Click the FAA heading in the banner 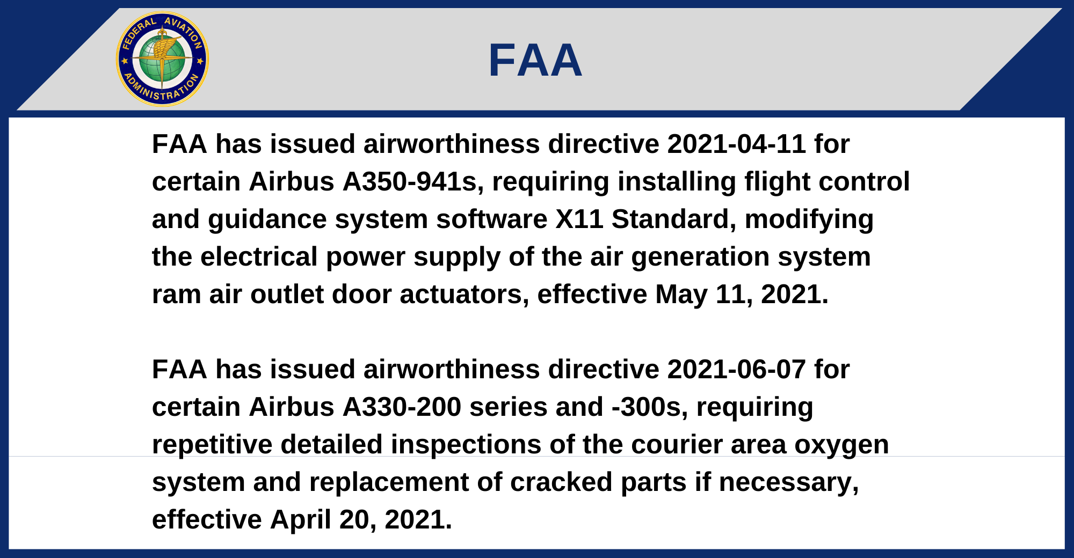pyautogui.click(x=535, y=60)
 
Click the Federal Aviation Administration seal pyautogui.click(x=162, y=59)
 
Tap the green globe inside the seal pyautogui.click(x=162, y=59)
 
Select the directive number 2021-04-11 pyautogui.click(x=736, y=144)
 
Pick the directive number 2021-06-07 pyautogui.click(x=736, y=369)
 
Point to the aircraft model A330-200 pyautogui.click(x=402, y=407)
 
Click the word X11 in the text pyautogui.click(x=579, y=219)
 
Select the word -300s pyautogui.click(x=650, y=407)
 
